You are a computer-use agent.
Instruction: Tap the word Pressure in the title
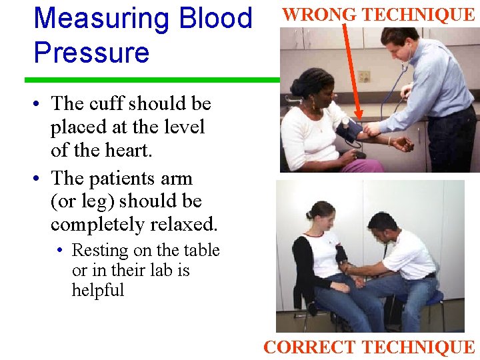click(91, 52)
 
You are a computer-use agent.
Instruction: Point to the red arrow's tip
click(359, 119)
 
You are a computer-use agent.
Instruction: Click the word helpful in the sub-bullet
click(98, 291)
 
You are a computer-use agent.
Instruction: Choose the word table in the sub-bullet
click(201, 251)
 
